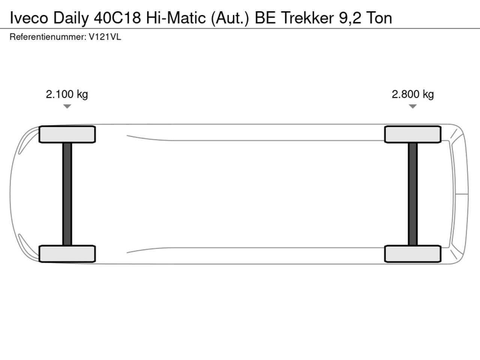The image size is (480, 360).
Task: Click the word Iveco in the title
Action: tap(29, 18)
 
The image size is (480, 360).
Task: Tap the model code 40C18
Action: tap(117, 18)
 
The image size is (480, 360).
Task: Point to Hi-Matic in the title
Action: tap(176, 18)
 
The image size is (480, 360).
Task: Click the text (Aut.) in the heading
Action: tap(230, 19)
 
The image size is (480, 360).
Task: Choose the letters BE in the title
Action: tap(265, 18)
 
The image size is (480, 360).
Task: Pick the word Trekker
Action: tap(307, 18)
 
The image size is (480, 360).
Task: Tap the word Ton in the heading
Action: tap(379, 18)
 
